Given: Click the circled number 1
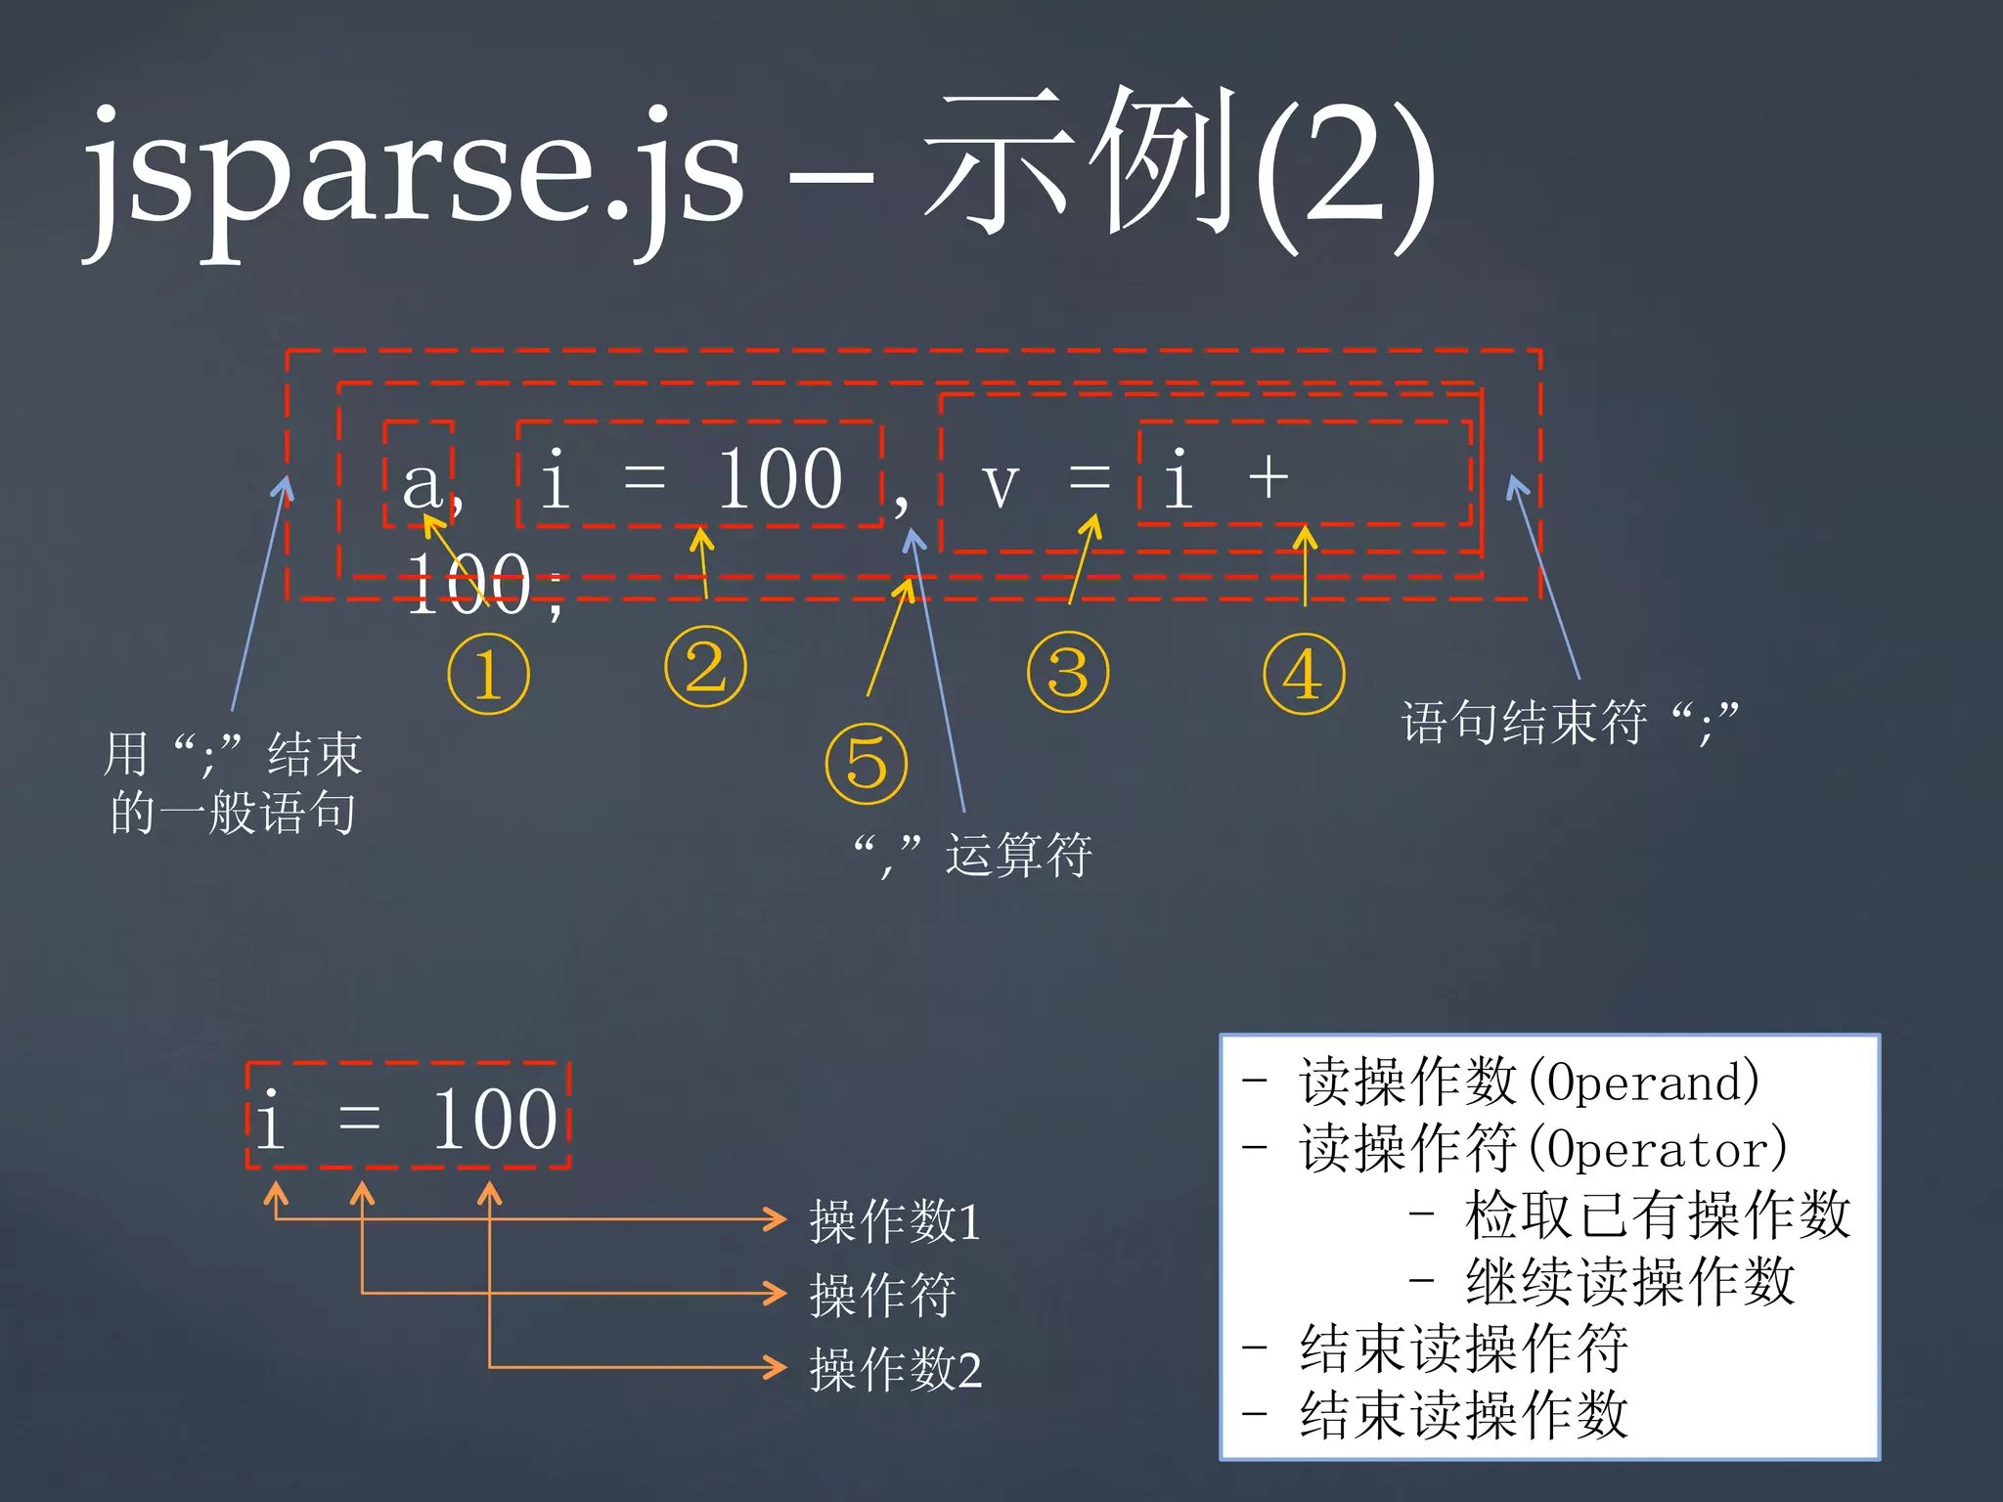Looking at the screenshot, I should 488,674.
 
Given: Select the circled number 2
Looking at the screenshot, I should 705,667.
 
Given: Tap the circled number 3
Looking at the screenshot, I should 1068,672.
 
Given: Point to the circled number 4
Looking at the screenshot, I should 1304,674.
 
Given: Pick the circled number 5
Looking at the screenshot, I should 867,764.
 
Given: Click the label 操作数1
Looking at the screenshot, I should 895,1220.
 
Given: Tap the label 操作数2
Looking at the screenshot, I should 895,1369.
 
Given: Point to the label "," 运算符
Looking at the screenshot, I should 972,855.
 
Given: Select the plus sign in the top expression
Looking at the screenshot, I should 1269,479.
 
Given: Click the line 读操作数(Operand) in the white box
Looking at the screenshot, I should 1528,1082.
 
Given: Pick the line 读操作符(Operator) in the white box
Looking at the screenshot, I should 1541,1148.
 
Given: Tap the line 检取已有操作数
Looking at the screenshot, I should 1657,1215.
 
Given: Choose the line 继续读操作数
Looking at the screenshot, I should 1629,1281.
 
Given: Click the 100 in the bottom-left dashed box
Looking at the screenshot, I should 495,1119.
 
